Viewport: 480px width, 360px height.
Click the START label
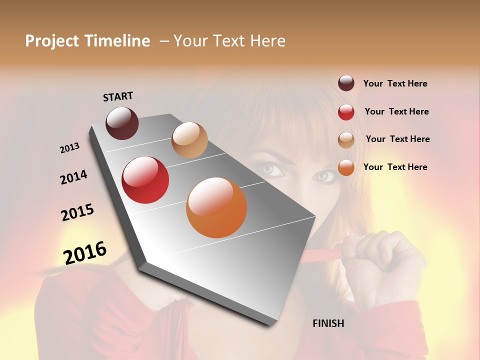[118, 96]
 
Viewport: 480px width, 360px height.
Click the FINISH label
[328, 323]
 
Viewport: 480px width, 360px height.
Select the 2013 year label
[70, 147]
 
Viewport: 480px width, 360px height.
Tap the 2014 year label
[73, 177]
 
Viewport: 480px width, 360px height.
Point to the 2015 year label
[77, 212]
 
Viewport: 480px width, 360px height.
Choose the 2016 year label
[85, 252]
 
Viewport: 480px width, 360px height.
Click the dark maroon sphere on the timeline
[122, 123]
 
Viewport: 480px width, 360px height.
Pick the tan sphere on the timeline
[189, 140]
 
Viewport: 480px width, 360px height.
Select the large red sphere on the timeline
[145, 180]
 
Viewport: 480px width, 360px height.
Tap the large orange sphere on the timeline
[216, 207]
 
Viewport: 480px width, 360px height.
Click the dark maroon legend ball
[346, 83]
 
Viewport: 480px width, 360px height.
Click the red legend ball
[346, 112]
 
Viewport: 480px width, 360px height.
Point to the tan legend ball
[346, 139]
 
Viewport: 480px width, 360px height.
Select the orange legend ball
[346, 167]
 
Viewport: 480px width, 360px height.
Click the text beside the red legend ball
[396, 111]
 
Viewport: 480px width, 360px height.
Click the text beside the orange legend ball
[395, 167]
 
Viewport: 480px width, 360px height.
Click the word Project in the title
[52, 41]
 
